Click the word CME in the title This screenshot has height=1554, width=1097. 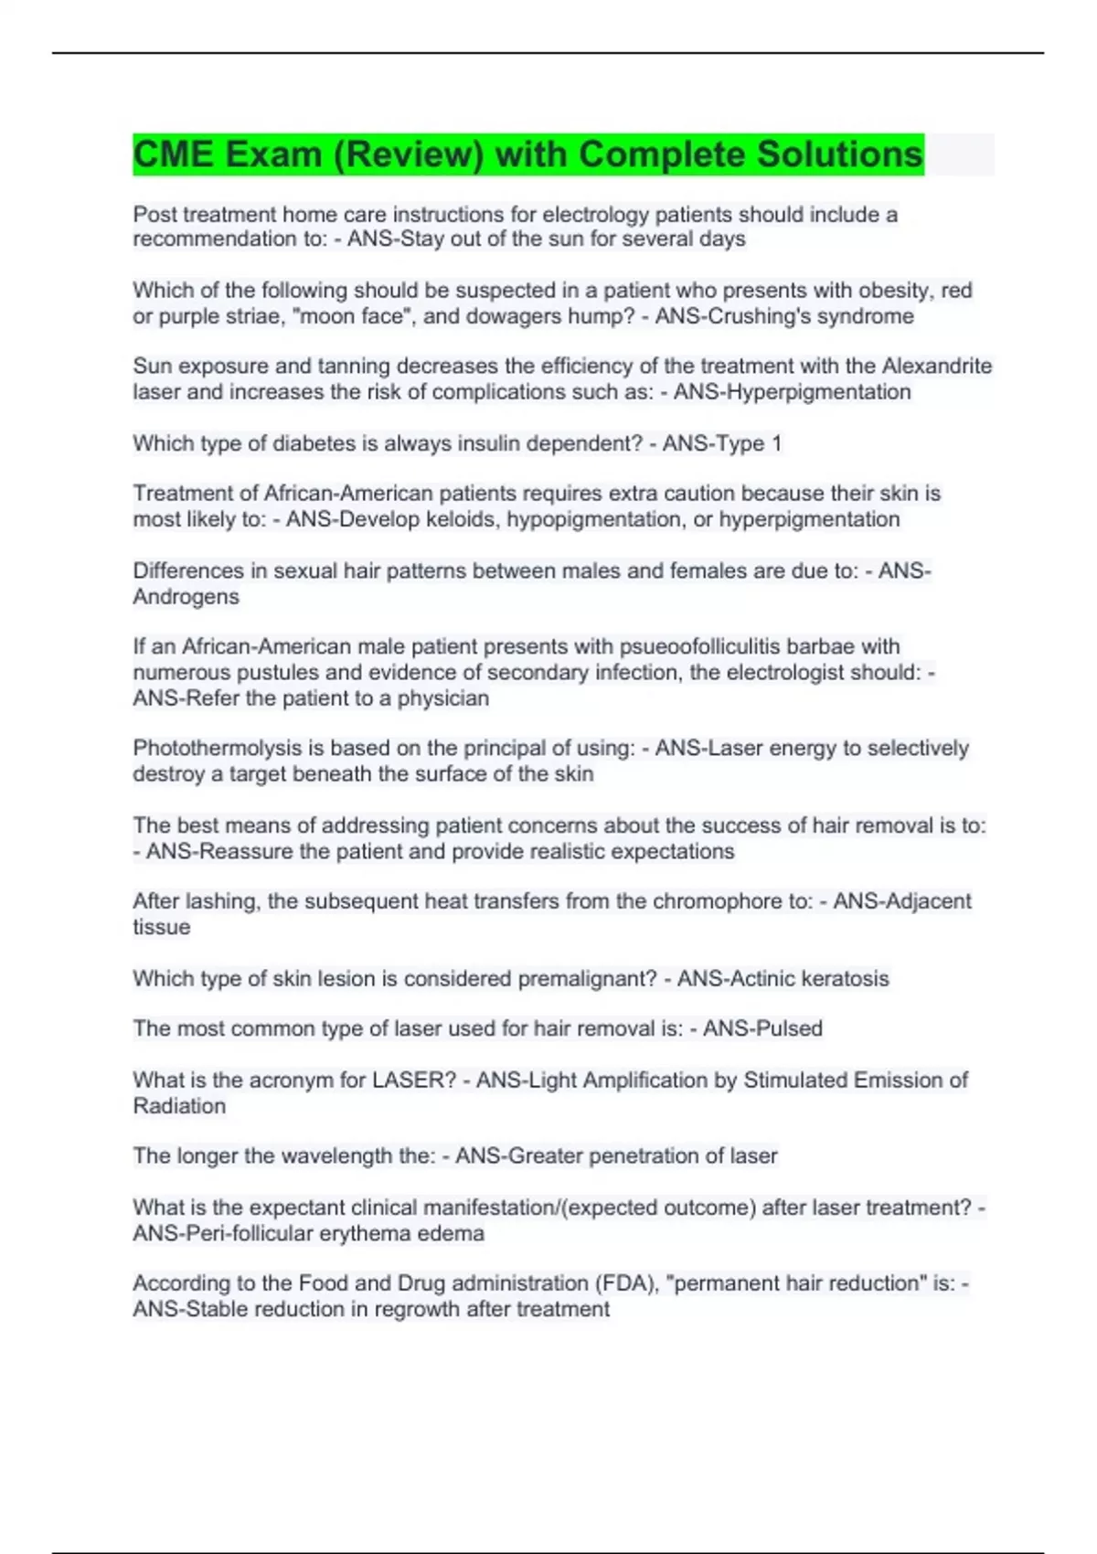176,154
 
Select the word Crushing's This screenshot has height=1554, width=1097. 793,316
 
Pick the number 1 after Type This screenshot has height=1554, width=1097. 776,444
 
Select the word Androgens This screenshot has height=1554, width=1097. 186,597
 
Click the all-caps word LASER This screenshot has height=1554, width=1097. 412,1080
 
